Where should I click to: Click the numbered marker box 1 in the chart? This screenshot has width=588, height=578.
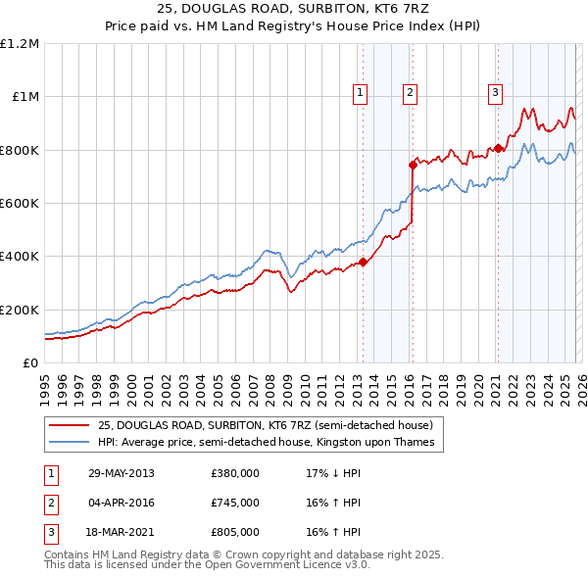[x=361, y=93]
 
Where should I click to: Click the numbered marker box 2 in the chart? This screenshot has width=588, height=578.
[x=410, y=93]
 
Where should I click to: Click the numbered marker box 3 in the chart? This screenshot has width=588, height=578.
[x=495, y=93]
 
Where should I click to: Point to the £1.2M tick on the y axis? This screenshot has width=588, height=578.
[x=20, y=44]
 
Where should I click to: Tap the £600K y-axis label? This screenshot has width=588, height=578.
[x=20, y=204]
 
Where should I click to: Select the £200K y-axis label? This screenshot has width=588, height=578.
[x=20, y=310]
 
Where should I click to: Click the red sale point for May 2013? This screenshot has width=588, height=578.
[x=363, y=262]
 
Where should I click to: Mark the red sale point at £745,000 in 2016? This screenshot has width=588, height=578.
[x=413, y=166]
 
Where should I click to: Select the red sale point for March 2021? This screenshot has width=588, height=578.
[x=498, y=149]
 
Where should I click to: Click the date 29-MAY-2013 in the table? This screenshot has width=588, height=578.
[x=121, y=473]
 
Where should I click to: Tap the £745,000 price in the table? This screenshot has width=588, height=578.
[x=234, y=503]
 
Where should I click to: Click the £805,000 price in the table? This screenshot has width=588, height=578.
[x=234, y=532]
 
